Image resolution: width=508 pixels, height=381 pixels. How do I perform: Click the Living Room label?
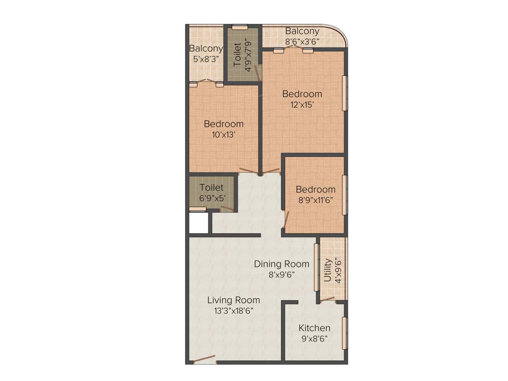233,300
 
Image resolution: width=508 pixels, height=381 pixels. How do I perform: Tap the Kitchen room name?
314,328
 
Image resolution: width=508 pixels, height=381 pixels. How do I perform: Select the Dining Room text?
281,264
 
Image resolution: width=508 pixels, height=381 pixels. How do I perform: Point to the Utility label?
327,270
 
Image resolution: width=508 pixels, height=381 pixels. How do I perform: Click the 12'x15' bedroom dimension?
302,105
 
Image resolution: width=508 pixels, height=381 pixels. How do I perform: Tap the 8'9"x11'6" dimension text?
316,200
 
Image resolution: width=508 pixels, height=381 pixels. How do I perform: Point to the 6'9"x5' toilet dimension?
212,198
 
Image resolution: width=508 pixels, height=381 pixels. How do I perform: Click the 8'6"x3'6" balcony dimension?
302,42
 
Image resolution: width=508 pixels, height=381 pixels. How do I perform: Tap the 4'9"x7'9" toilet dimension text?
248,55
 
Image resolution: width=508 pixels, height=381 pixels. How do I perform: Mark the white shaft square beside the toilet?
198,223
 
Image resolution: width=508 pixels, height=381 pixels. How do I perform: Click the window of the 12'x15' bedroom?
345,93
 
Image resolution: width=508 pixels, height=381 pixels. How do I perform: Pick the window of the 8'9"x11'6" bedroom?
345,195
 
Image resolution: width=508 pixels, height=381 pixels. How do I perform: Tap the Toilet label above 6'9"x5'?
212,188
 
